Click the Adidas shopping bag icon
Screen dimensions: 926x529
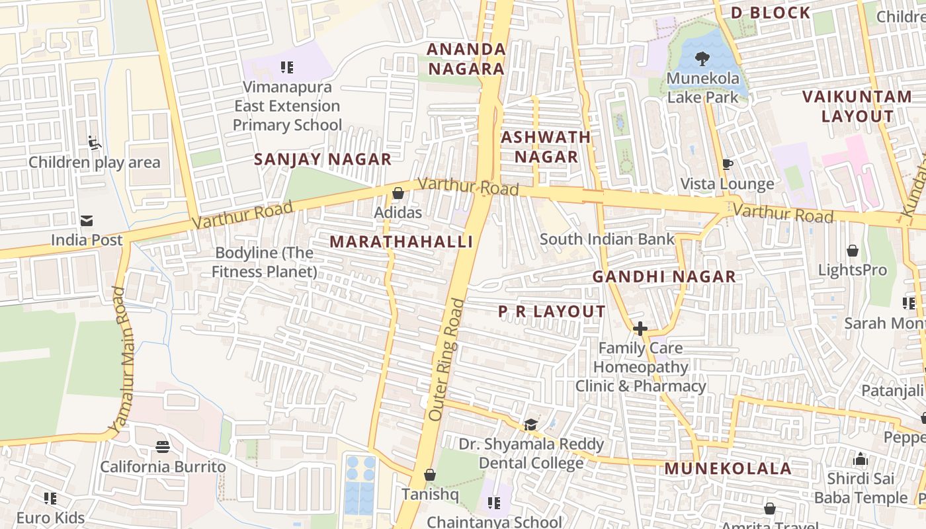[x=398, y=194]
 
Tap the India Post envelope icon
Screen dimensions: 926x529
[x=87, y=221]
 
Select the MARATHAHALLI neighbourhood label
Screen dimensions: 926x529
[x=401, y=242]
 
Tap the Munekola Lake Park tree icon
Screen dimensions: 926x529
[x=702, y=59]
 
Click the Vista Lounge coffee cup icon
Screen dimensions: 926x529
[x=728, y=164]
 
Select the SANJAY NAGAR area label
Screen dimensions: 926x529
[x=323, y=159]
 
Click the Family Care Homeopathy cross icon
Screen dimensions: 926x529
[x=640, y=329]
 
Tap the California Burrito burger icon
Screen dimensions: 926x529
[x=163, y=447]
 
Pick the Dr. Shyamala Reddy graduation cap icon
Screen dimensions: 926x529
[x=531, y=424]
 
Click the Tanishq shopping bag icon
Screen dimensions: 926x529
[x=430, y=475]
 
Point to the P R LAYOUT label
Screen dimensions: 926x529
[x=552, y=311]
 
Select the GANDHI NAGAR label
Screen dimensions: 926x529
[x=664, y=277]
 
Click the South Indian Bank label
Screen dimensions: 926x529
[x=607, y=239]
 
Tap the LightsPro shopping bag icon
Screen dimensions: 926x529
[x=853, y=251]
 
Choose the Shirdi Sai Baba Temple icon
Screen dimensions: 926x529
[x=861, y=458]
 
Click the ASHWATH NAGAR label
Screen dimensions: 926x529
[x=546, y=147]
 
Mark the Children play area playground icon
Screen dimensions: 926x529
[x=94, y=142]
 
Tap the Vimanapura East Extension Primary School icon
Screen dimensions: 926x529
[x=286, y=67]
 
